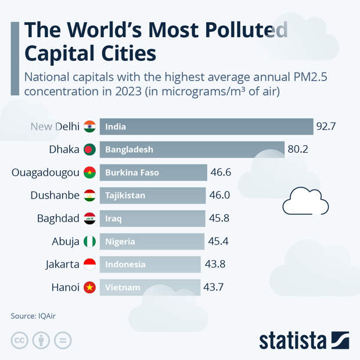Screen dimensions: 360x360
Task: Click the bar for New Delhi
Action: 206,127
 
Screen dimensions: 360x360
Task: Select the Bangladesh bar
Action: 192,149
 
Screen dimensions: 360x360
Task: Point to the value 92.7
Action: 326,127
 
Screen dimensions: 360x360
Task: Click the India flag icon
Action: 89,127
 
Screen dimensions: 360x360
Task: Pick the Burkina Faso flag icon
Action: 89,172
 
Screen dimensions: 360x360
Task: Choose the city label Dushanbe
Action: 55,195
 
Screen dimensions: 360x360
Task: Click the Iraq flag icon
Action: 89,218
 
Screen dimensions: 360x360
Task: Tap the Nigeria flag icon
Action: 89,242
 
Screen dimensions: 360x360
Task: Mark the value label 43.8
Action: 215,264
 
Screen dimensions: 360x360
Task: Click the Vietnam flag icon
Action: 89,287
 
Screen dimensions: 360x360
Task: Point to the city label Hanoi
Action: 64,287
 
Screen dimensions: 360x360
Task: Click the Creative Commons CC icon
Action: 20,341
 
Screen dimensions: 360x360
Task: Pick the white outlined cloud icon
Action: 305,201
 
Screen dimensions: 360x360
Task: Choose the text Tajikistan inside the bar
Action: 125,196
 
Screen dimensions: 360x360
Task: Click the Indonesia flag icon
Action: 89,264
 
